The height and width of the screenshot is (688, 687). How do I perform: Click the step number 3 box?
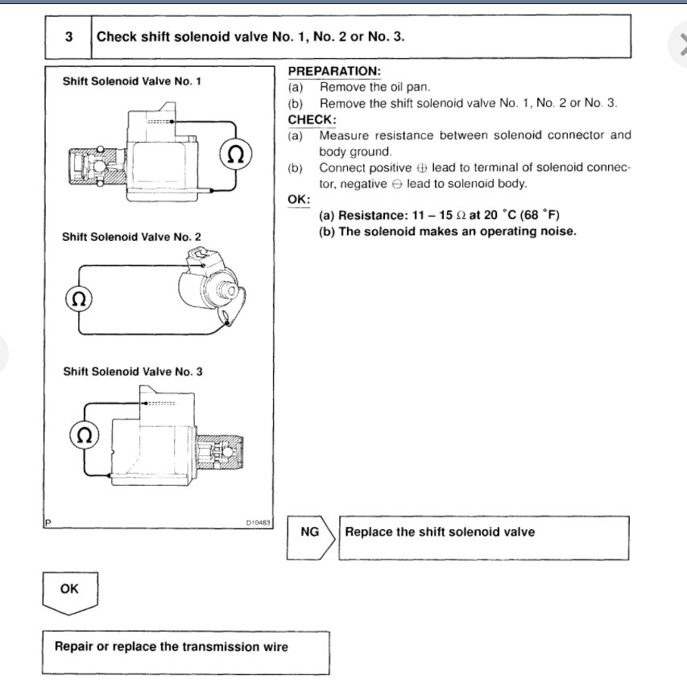click(68, 37)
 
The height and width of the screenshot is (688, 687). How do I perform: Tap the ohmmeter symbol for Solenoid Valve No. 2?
click(78, 299)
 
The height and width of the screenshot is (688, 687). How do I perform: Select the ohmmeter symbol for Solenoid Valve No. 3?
click(84, 436)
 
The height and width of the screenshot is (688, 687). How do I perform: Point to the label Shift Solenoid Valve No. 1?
click(131, 81)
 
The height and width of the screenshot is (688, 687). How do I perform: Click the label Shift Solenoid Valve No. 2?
click(131, 237)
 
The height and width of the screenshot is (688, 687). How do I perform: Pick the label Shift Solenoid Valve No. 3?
click(133, 371)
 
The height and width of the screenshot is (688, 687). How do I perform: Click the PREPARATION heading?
click(333, 71)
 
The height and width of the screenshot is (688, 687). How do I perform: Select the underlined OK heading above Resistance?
click(298, 199)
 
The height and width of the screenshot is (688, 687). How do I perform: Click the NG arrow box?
click(310, 533)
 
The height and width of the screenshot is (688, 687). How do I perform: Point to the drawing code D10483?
click(259, 523)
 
